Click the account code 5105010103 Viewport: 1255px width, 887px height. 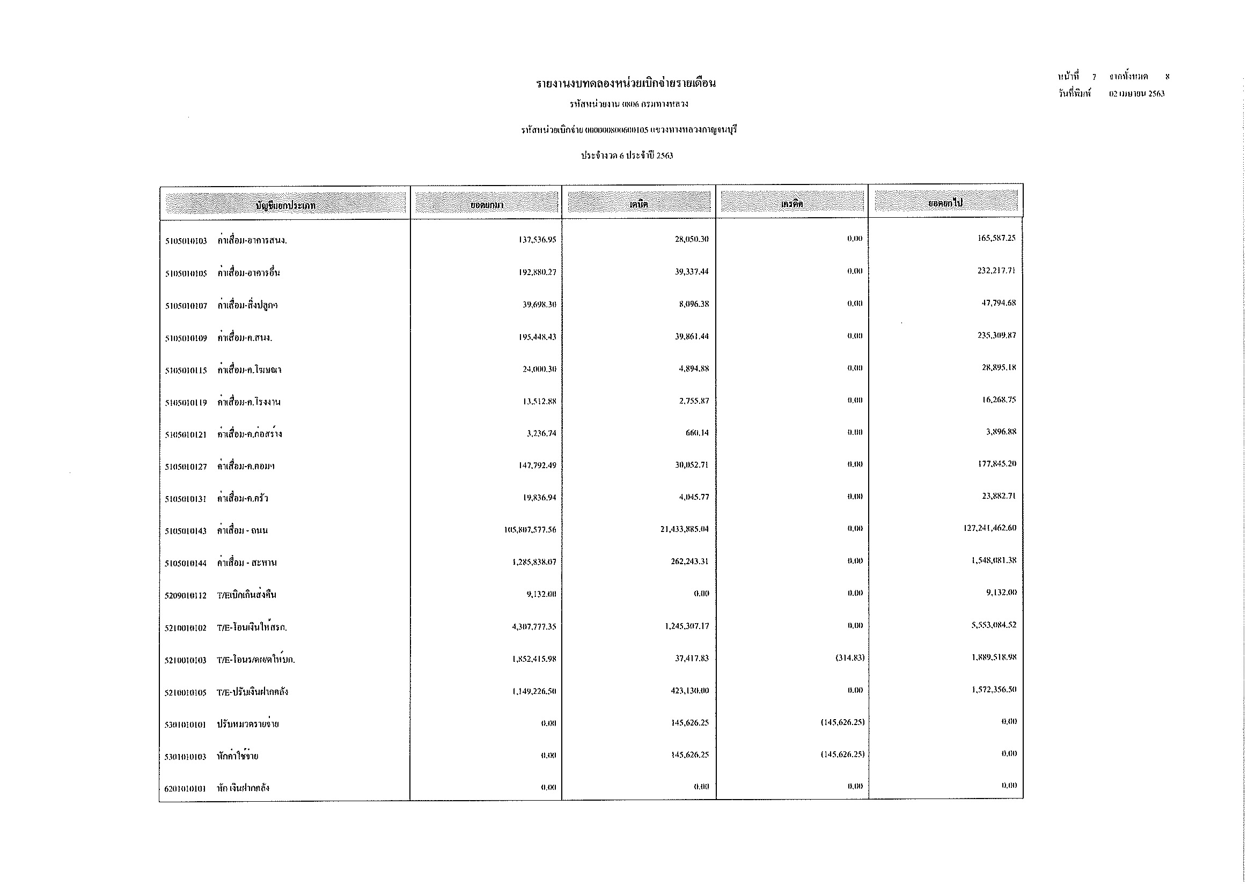(x=186, y=241)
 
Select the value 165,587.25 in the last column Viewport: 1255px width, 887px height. (x=996, y=238)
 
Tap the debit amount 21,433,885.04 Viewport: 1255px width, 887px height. (x=684, y=529)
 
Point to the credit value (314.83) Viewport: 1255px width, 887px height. (x=849, y=657)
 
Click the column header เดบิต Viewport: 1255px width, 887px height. (x=638, y=204)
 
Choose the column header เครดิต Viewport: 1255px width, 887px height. (x=791, y=204)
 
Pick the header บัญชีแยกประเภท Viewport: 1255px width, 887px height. (x=285, y=205)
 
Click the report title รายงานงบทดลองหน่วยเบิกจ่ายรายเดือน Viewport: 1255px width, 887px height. (x=626, y=84)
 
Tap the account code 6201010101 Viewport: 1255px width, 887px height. (x=185, y=788)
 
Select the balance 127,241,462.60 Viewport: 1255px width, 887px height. (x=990, y=528)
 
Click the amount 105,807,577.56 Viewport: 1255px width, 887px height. (x=530, y=529)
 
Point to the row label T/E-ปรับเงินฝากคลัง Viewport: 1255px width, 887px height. (x=253, y=692)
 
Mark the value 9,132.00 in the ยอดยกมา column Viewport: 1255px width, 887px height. (x=541, y=594)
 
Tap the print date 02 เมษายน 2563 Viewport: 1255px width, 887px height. (x=1137, y=93)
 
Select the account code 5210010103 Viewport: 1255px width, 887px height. (x=185, y=660)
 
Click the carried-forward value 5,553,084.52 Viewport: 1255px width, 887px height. (x=994, y=624)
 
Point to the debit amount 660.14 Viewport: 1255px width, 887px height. (x=697, y=433)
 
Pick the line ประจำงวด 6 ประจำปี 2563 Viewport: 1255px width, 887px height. (x=627, y=156)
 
